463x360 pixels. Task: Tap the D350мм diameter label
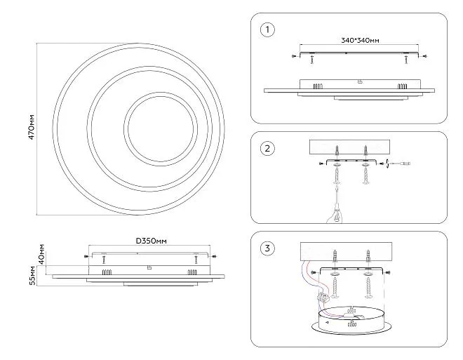coord(151,241)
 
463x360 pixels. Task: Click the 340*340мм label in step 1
coord(360,41)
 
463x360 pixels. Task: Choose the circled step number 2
coord(265,148)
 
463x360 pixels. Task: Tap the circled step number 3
coord(265,248)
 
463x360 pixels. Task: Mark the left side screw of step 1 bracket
coord(293,55)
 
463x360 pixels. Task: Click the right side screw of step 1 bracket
coord(423,55)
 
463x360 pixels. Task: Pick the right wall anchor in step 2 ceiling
coord(365,151)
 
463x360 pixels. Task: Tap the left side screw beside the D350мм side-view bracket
coord(86,256)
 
